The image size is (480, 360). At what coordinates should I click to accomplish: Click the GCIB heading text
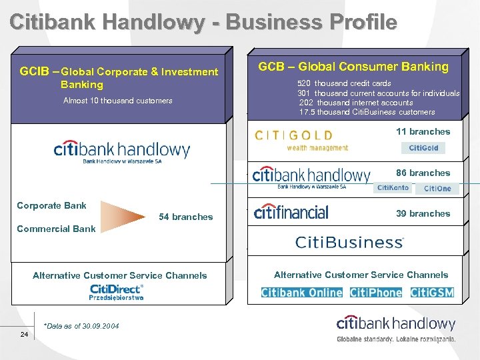pyautogui.click(x=119, y=77)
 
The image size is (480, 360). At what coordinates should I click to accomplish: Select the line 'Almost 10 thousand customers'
pyautogui.click(x=117, y=101)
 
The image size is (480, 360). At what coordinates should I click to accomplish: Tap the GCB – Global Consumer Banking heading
pyautogui.click(x=353, y=66)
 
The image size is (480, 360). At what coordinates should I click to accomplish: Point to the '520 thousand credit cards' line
pyautogui.click(x=344, y=83)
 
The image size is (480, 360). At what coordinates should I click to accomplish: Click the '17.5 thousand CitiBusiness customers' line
pyautogui.click(x=367, y=112)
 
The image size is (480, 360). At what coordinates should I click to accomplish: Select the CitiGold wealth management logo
pyautogui.click(x=301, y=139)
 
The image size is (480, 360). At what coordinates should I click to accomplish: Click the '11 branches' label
pyautogui.click(x=423, y=131)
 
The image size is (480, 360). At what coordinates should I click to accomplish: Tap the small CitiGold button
pyautogui.click(x=423, y=148)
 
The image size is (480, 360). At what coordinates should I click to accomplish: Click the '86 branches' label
pyautogui.click(x=423, y=173)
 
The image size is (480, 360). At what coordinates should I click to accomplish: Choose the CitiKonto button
pyautogui.click(x=393, y=188)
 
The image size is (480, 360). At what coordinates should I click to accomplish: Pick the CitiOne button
pyautogui.click(x=437, y=189)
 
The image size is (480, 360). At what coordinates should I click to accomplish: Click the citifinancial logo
pyautogui.click(x=291, y=213)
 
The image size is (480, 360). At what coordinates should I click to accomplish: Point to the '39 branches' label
pyautogui.click(x=423, y=213)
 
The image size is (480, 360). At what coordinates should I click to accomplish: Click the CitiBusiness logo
pyautogui.click(x=349, y=241)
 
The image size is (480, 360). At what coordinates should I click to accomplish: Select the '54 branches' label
pyautogui.click(x=185, y=217)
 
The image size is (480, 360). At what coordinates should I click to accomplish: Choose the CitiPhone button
pyautogui.click(x=376, y=292)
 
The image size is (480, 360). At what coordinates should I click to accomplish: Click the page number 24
pyautogui.click(x=24, y=334)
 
